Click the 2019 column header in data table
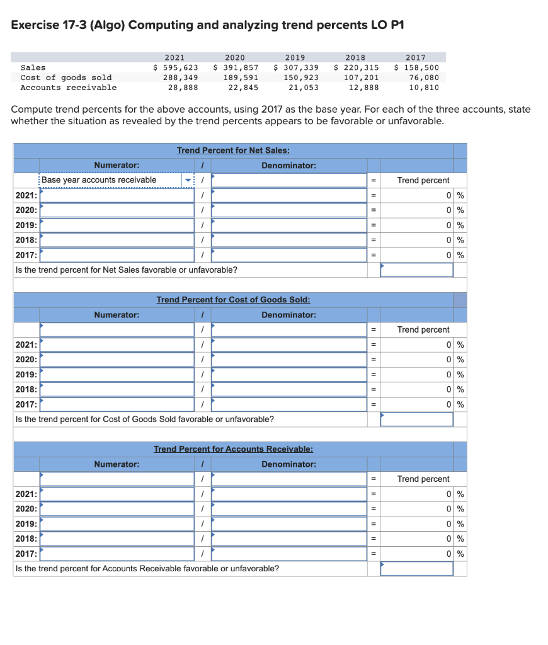[x=295, y=57]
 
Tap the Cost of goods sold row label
[x=66, y=77]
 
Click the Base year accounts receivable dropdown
[x=117, y=180]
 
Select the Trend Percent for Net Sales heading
[x=233, y=150]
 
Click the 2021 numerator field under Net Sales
[x=117, y=195]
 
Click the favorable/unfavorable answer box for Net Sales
[x=416, y=270]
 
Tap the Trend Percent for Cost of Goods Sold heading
[x=233, y=299]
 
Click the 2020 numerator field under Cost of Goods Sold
[x=117, y=360]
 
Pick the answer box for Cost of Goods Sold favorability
[x=416, y=419]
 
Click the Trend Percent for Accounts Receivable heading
[x=233, y=449]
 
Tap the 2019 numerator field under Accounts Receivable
[x=117, y=524]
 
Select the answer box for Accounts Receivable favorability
[x=416, y=568]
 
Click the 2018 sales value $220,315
[x=357, y=67]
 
